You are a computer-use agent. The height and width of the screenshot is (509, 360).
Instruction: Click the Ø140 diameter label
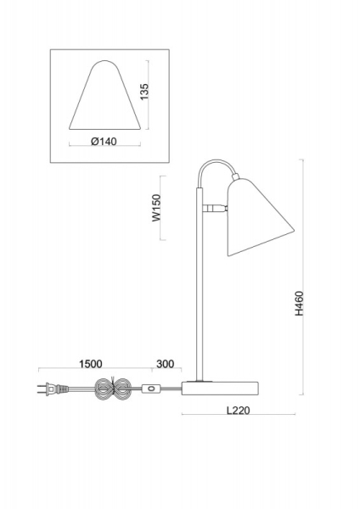[104, 142]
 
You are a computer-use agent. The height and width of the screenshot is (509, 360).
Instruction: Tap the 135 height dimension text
[145, 92]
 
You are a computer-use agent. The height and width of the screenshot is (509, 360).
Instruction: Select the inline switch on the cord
[152, 390]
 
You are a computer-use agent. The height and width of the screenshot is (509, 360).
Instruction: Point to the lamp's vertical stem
[201, 297]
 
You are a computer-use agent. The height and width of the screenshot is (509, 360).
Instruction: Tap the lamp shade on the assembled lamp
[257, 219]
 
